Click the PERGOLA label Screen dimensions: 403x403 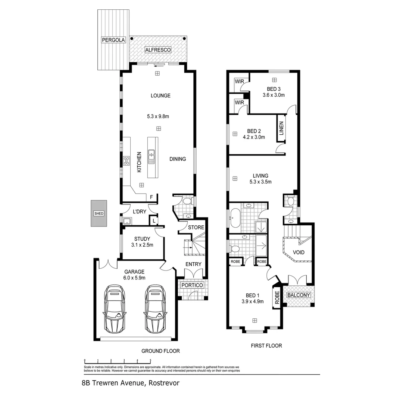113,40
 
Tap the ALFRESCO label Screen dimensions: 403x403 158,50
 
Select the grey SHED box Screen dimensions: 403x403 99,213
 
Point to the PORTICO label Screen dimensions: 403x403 192,285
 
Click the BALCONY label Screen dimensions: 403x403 299,295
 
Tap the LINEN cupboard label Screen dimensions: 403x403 281,128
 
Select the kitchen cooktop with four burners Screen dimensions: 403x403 126,161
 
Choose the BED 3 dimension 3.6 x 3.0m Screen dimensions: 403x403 274,95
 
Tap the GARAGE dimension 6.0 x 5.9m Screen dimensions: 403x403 135,278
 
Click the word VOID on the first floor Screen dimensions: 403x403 299,252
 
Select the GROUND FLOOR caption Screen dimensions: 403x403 160,351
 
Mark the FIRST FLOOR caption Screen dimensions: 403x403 266,346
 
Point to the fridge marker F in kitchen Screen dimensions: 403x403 151,197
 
